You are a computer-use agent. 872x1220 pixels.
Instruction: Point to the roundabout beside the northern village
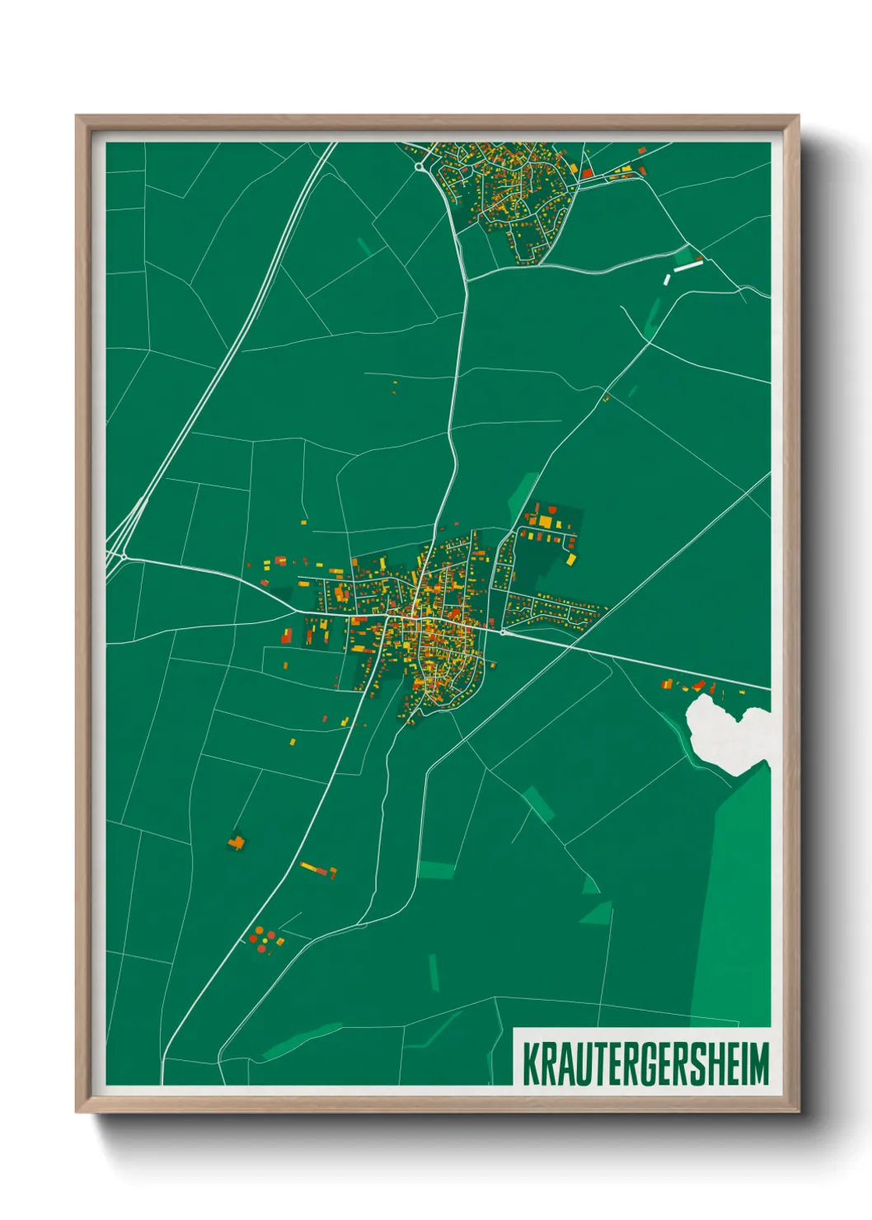[421, 167]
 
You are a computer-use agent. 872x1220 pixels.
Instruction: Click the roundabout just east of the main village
[503, 632]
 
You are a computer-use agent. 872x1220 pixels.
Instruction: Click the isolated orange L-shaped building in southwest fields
[237, 842]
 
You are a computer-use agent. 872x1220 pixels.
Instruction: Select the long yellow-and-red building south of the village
[317, 869]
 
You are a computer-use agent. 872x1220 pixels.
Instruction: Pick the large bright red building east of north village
[587, 173]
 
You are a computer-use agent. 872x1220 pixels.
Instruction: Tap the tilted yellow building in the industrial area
[571, 559]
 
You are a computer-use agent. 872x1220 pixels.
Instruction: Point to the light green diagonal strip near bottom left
[302, 1040]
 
